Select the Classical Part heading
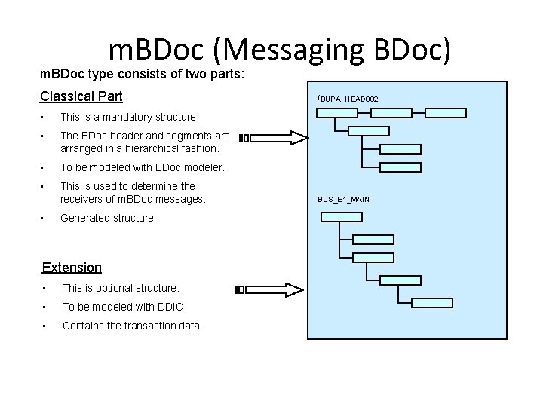(x=81, y=96)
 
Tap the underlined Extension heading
(x=72, y=268)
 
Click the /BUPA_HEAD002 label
(x=348, y=99)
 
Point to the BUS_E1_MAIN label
(x=343, y=199)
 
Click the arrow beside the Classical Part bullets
(x=274, y=138)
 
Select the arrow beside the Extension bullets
(x=269, y=289)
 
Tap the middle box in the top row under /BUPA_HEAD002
(x=391, y=113)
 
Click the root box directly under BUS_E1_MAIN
(x=341, y=217)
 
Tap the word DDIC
(x=170, y=307)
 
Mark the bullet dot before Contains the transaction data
(x=46, y=326)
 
